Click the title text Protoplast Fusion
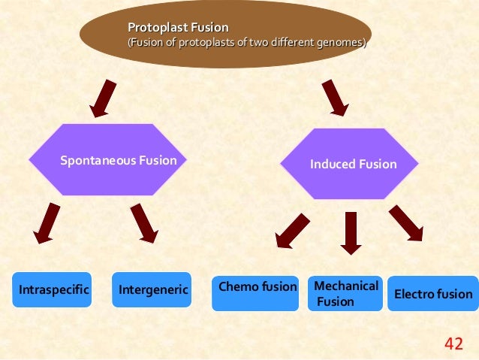[178, 28]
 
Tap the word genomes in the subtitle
[342, 43]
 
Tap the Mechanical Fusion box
[345, 293]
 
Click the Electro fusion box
[433, 293]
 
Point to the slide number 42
[453, 344]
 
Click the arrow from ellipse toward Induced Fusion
[334, 98]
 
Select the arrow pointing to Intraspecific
[47, 223]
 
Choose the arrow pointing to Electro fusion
[406, 224]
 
